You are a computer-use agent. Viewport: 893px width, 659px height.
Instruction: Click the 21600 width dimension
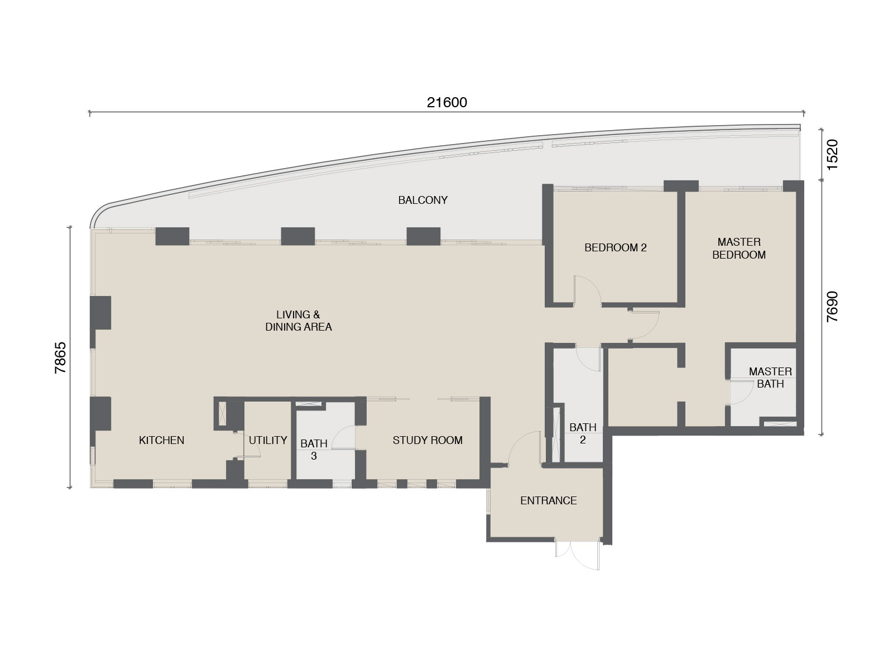point(447,103)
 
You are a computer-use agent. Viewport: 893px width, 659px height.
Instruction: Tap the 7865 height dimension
point(60,358)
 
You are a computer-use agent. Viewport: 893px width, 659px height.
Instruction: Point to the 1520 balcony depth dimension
point(832,155)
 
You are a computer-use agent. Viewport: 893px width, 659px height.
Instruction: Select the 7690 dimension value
point(832,307)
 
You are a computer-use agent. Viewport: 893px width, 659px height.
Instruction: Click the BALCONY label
point(423,200)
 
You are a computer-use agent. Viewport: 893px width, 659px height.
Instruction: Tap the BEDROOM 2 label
point(616,247)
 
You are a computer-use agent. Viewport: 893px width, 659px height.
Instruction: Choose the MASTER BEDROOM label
point(739,248)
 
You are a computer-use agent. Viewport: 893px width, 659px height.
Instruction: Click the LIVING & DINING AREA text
point(299,321)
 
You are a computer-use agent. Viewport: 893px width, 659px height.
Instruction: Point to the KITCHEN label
point(161,440)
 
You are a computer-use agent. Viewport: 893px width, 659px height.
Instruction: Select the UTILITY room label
point(268,440)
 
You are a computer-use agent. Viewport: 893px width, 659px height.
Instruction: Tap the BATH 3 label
point(314,450)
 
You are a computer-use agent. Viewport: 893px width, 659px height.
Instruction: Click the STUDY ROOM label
point(428,440)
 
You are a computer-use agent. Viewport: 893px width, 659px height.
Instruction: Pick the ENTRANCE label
point(548,500)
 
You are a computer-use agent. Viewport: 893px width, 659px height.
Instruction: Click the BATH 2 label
point(583,433)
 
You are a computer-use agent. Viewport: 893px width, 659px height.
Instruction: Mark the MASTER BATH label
point(770,378)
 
